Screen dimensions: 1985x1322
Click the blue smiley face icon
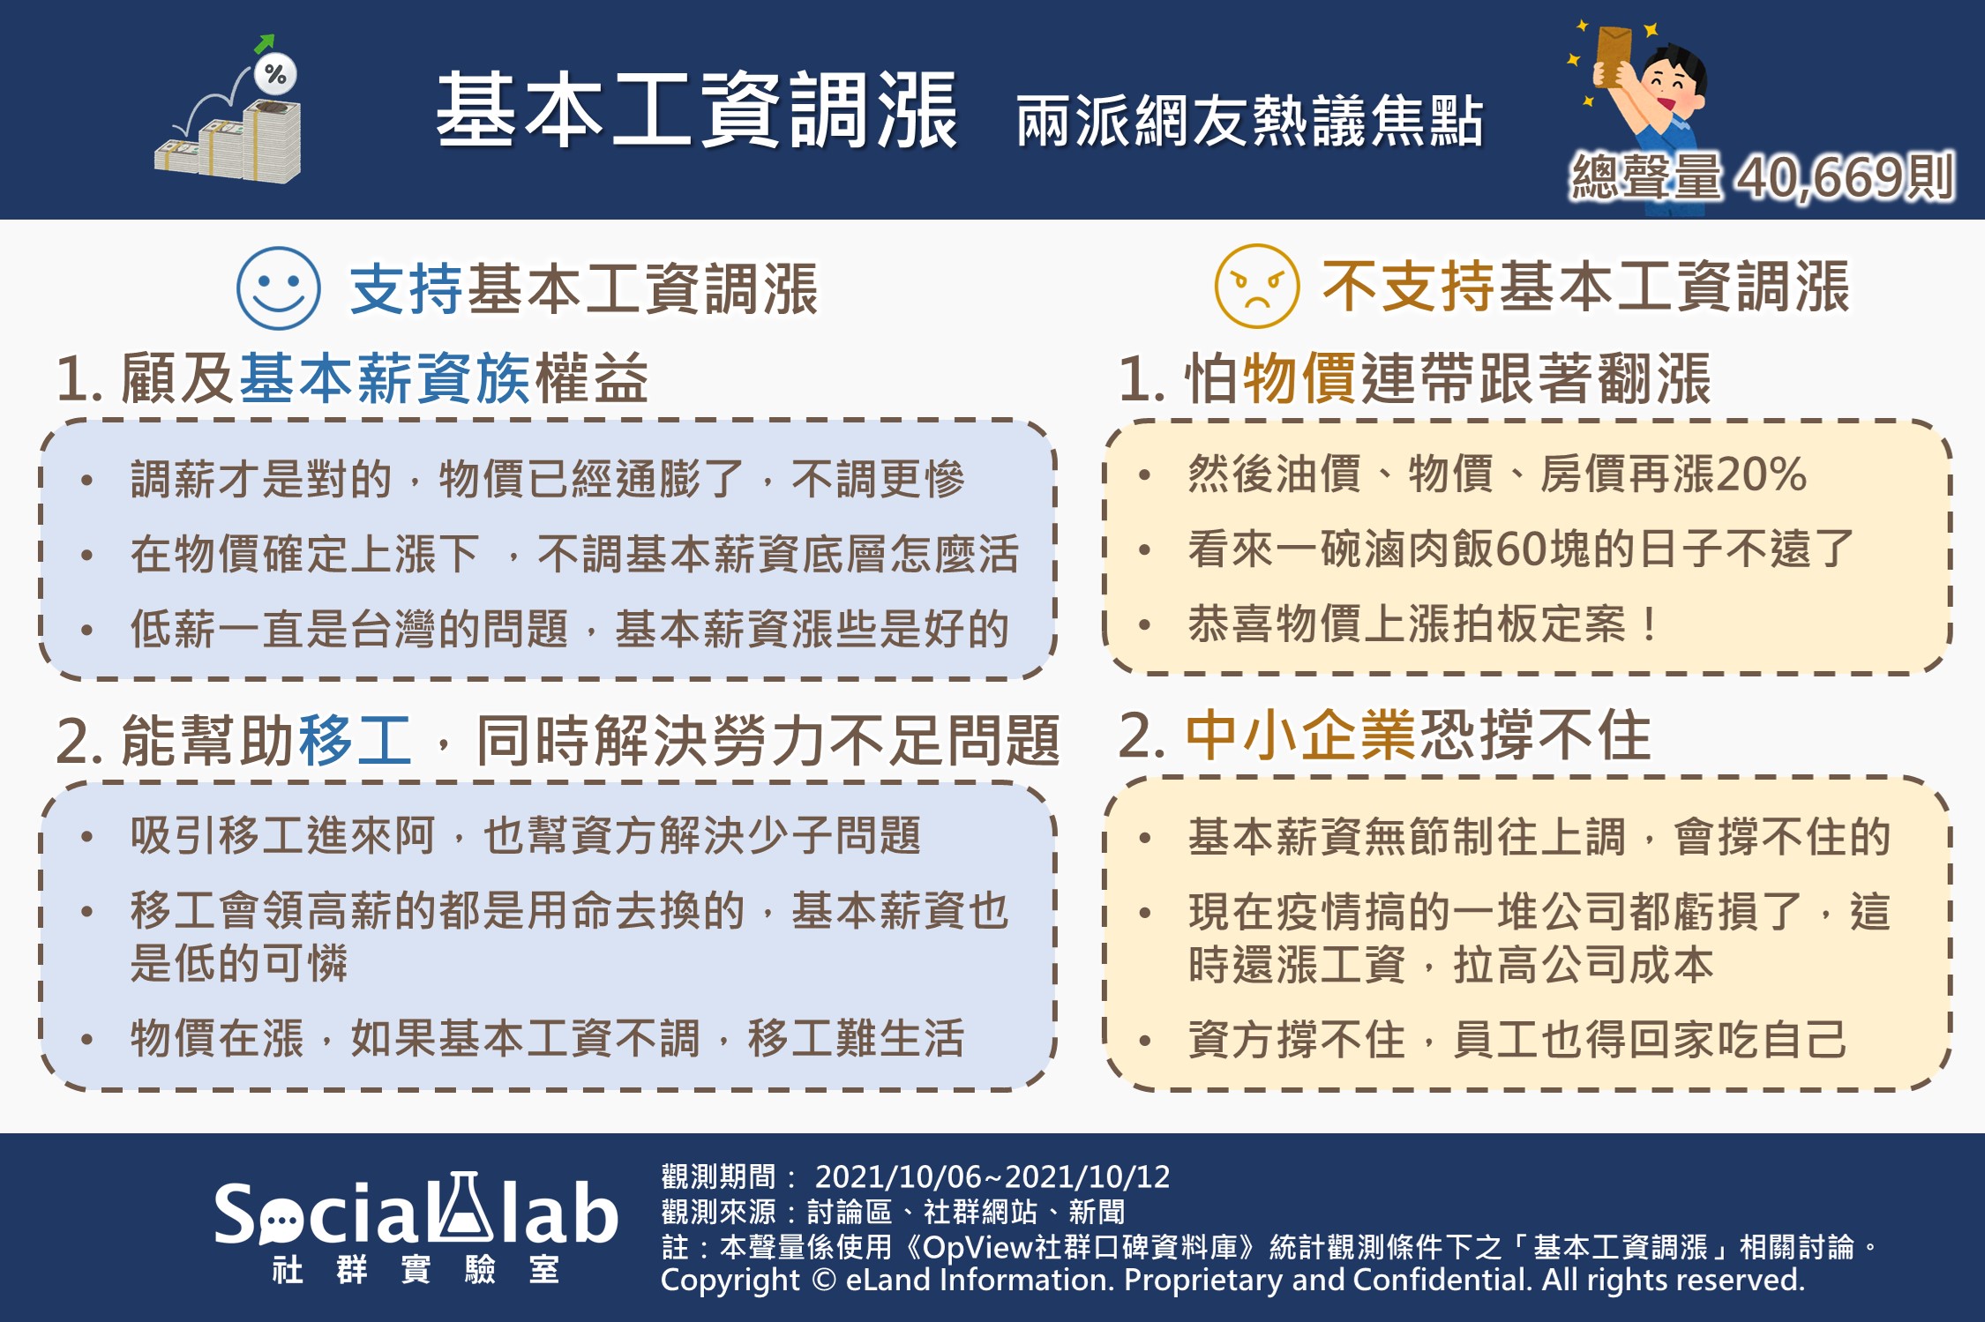point(278,288)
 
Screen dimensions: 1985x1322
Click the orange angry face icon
point(1256,286)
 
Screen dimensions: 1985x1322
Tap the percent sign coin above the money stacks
point(275,74)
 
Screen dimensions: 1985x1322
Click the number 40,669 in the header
point(1819,177)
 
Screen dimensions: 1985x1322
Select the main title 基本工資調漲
point(696,110)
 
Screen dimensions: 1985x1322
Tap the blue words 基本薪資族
point(385,378)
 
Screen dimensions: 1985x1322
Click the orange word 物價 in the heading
point(1300,378)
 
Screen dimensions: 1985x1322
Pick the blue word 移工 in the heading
point(355,739)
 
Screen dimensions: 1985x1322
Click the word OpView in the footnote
point(978,1246)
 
